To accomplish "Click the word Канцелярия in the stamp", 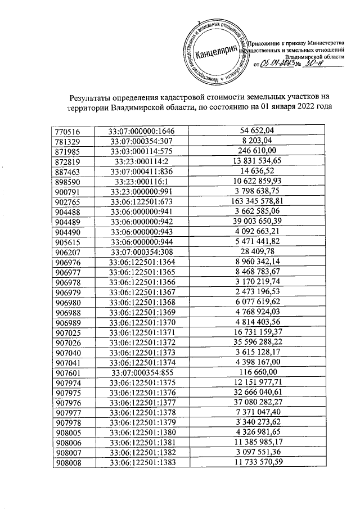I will [x=215, y=51].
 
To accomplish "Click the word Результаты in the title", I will [x=91, y=97].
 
